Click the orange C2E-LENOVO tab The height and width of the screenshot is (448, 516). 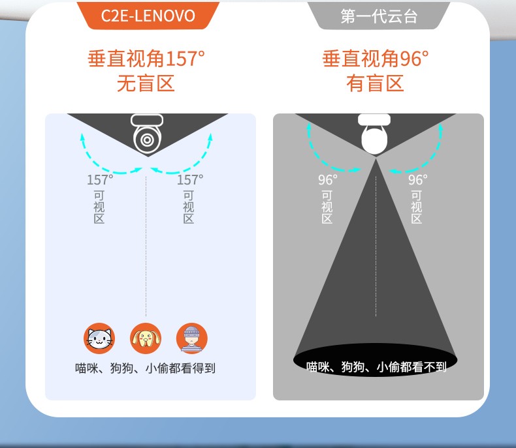[148, 15]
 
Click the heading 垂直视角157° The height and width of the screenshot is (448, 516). [146, 59]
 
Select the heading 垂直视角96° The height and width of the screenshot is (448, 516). [376, 59]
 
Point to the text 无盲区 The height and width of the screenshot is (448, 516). [146, 83]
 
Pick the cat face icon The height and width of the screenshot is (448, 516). [99, 338]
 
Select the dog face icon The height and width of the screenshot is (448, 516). [146, 338]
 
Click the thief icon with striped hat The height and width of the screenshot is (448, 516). [192, 338]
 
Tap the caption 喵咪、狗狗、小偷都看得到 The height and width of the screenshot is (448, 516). [146, 368]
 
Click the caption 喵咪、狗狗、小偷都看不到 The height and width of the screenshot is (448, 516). [376, 367]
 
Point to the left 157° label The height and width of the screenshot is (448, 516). [100, 179]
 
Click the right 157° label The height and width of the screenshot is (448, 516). [190, 179]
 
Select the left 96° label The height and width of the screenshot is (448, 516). [328, 179]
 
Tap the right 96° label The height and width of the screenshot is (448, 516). [418, 179]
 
